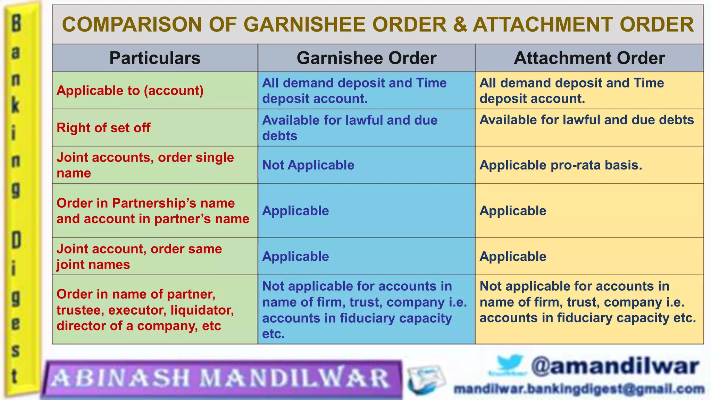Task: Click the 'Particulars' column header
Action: coord(155,58)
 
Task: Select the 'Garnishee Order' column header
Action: coord(366,58)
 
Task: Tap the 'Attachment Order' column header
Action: coord(589,58)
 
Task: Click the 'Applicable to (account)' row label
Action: coord(130,91)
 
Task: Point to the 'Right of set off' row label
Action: coord(103,128)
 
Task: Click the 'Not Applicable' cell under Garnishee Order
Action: coord(308,165)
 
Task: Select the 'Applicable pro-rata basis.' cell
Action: coord(561,165)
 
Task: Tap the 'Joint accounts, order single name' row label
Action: coord(145,165)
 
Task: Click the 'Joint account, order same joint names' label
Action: coord(139,257)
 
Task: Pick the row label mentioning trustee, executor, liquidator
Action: coord(145,310)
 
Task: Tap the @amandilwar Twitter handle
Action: coord(614,367)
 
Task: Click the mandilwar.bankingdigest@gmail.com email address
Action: coord(579,389)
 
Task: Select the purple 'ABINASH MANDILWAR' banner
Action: coord(221,378)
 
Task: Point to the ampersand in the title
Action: coord(460,25)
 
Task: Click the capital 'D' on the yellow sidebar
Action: coord(16,240)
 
